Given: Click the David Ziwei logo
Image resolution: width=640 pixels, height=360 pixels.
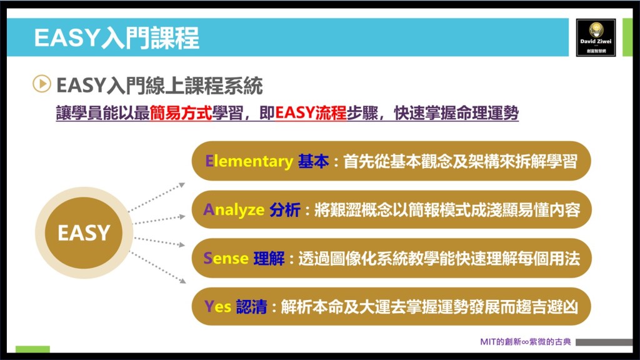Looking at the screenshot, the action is click(x=596, y=37).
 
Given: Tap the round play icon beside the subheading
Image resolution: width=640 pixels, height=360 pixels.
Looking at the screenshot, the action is click(x=42, y=84).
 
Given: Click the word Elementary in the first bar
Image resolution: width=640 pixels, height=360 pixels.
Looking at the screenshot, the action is click(x=249, y=161).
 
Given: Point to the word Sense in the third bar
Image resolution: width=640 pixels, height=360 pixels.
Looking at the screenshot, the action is click(x=226, y=258).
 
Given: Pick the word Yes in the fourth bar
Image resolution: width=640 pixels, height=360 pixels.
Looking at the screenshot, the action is click(x=217, y=306).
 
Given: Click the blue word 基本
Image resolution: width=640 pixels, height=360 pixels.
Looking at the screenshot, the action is click(x=314, y=161).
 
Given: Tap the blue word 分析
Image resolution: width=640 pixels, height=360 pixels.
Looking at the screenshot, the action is click(x=285, y=210).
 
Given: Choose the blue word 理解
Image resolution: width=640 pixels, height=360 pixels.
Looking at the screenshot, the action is click(x=269, y=258).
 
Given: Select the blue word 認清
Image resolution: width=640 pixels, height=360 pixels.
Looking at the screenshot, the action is click(x=251, y=306).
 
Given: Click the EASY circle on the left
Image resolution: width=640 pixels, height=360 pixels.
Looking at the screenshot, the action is click(x=84, y=232).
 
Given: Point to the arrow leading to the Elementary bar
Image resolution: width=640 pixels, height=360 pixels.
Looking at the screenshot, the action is click(x=157, y=197).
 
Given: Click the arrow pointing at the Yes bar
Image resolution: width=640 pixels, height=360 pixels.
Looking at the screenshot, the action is click(x=158, y=267).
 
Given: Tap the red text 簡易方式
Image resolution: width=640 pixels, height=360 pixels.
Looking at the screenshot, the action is click(x=181, y=113).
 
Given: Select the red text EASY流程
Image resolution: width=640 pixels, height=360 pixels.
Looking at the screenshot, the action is click(x=311, y=113).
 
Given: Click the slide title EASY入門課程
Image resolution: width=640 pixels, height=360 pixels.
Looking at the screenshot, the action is click(x=117, y=38).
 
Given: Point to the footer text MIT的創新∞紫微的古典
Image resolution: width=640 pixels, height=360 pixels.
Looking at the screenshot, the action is click(x=525, y=342).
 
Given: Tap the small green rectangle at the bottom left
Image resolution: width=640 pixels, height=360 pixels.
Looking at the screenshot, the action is click(x=32, y=349).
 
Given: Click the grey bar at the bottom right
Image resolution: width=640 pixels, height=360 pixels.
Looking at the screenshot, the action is click(x=604, y=342).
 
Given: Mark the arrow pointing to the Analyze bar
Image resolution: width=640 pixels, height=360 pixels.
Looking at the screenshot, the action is click(x=159, y=220).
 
